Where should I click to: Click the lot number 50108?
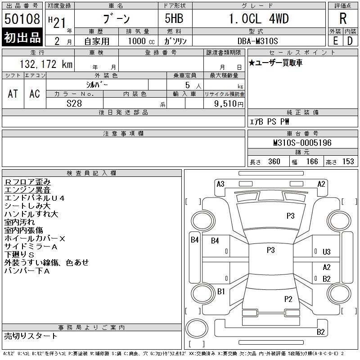pyautogui.click(x=22, y=19)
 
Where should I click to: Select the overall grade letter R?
pyautogui.click(x=343, y=18)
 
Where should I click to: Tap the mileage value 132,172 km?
pyautogui.click(x=46, y=64)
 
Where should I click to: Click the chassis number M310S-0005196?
pyautogui.click(x=302, y=143)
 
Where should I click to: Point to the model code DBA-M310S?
pyautogui.click(x=257, y=41)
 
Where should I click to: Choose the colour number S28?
pyautogui.click(x=74, y=103)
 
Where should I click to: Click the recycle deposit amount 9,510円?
pyautogui.click(x=229, y=104)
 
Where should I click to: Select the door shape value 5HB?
pyautogui.click(x=174, y=18)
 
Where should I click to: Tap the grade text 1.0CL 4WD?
pyautogui.click(x=259, y=18)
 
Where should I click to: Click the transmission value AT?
pyautogui.click(x=13, y=94)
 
